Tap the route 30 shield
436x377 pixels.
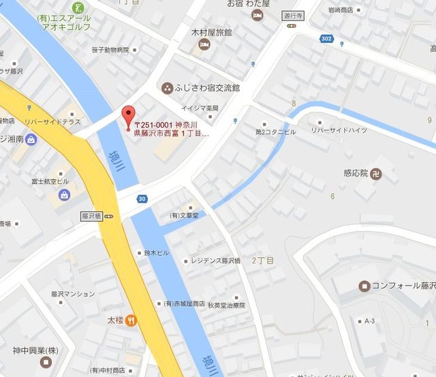pos(141,199)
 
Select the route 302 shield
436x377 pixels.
pos(326,39)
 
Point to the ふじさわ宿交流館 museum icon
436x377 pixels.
pos(167,88)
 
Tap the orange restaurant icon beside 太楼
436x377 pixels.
pos(130,318)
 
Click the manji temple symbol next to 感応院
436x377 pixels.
pos(377,173)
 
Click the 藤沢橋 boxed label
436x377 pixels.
pos(90,216)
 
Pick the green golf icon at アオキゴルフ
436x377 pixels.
pos(80,8)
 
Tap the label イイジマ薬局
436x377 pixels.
pos(200,108)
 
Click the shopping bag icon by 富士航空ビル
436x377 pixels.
pos(64,195)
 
